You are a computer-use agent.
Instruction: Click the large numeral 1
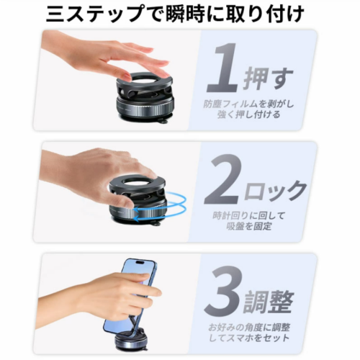(x=223, y=68)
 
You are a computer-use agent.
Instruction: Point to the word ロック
(x=275, y=191)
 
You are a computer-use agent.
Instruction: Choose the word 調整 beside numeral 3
(x=268, y=301)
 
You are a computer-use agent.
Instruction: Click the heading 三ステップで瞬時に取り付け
(x=175, y=14)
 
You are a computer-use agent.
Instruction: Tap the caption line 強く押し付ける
(x=248, y=114)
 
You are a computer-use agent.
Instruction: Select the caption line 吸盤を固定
(x=249, y=226)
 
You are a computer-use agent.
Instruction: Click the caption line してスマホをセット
(x=249, y=338)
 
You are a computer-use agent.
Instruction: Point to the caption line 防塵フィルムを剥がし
(x=249, y=104)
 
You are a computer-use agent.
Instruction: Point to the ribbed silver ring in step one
(x=145, y=109)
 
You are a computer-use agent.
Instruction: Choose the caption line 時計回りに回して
(x=249, y=216)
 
